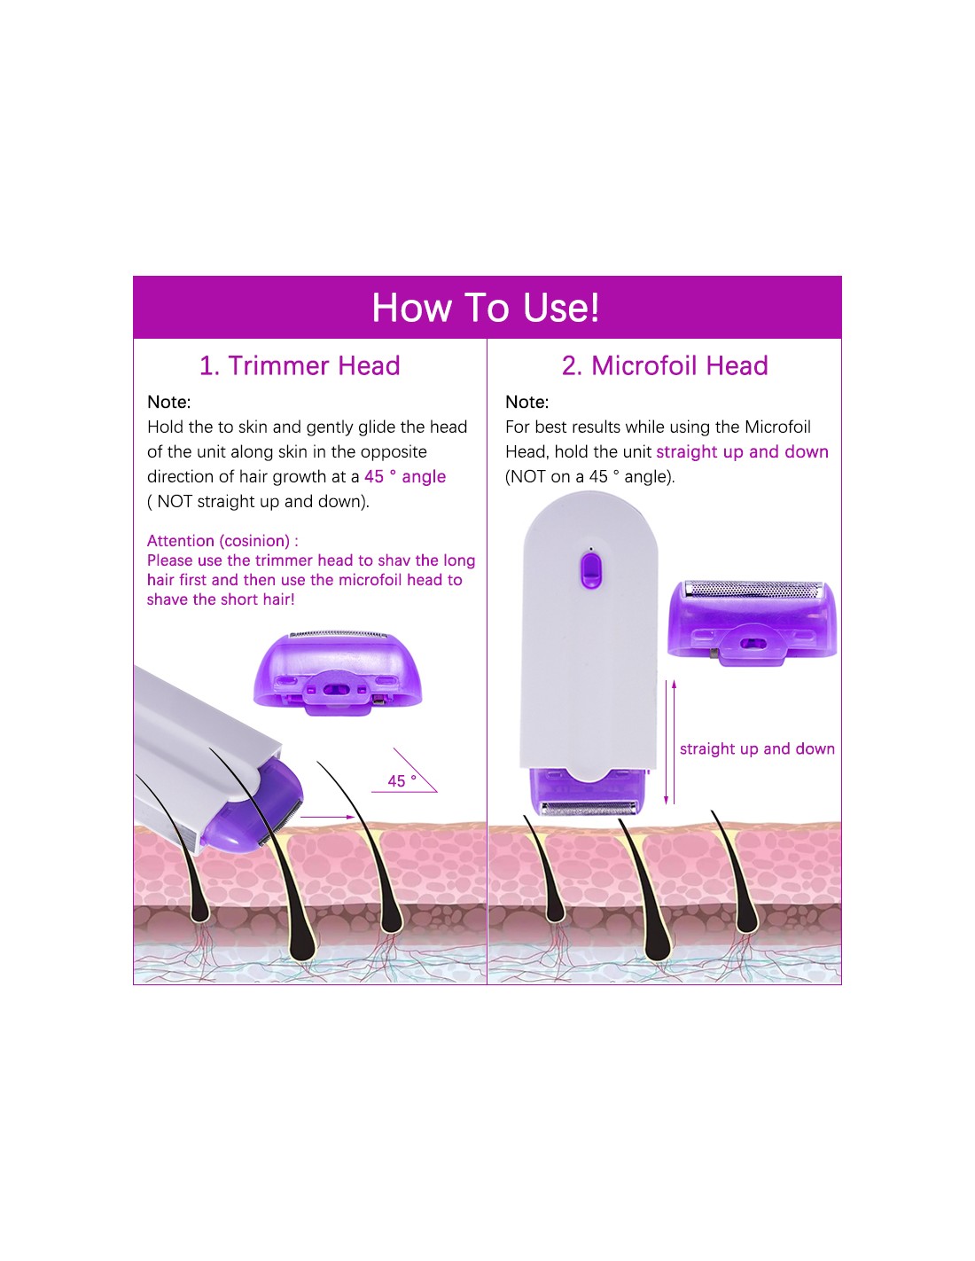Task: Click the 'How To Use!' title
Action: [485, 307]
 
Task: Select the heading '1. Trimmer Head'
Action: [300, 365]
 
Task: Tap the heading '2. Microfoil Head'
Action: [665, 365]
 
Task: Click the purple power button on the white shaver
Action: [589, 569]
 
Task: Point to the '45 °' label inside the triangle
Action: [402, 781]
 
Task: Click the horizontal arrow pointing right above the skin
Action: [327, 817]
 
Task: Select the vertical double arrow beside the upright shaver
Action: [670, 742]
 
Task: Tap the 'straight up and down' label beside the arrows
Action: [757, 748]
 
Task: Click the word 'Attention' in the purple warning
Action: [181, 541]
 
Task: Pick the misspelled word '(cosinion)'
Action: [254, 541]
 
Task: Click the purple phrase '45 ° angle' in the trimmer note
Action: [405, 476]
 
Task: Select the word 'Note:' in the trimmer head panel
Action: [168, 402]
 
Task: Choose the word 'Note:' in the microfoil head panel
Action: [526, 402]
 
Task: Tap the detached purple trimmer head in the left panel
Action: [338, 672]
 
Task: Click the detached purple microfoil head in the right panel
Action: [752, 622]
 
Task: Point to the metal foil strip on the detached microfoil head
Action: [753, 588]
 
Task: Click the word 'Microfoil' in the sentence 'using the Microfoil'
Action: [777, 427]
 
